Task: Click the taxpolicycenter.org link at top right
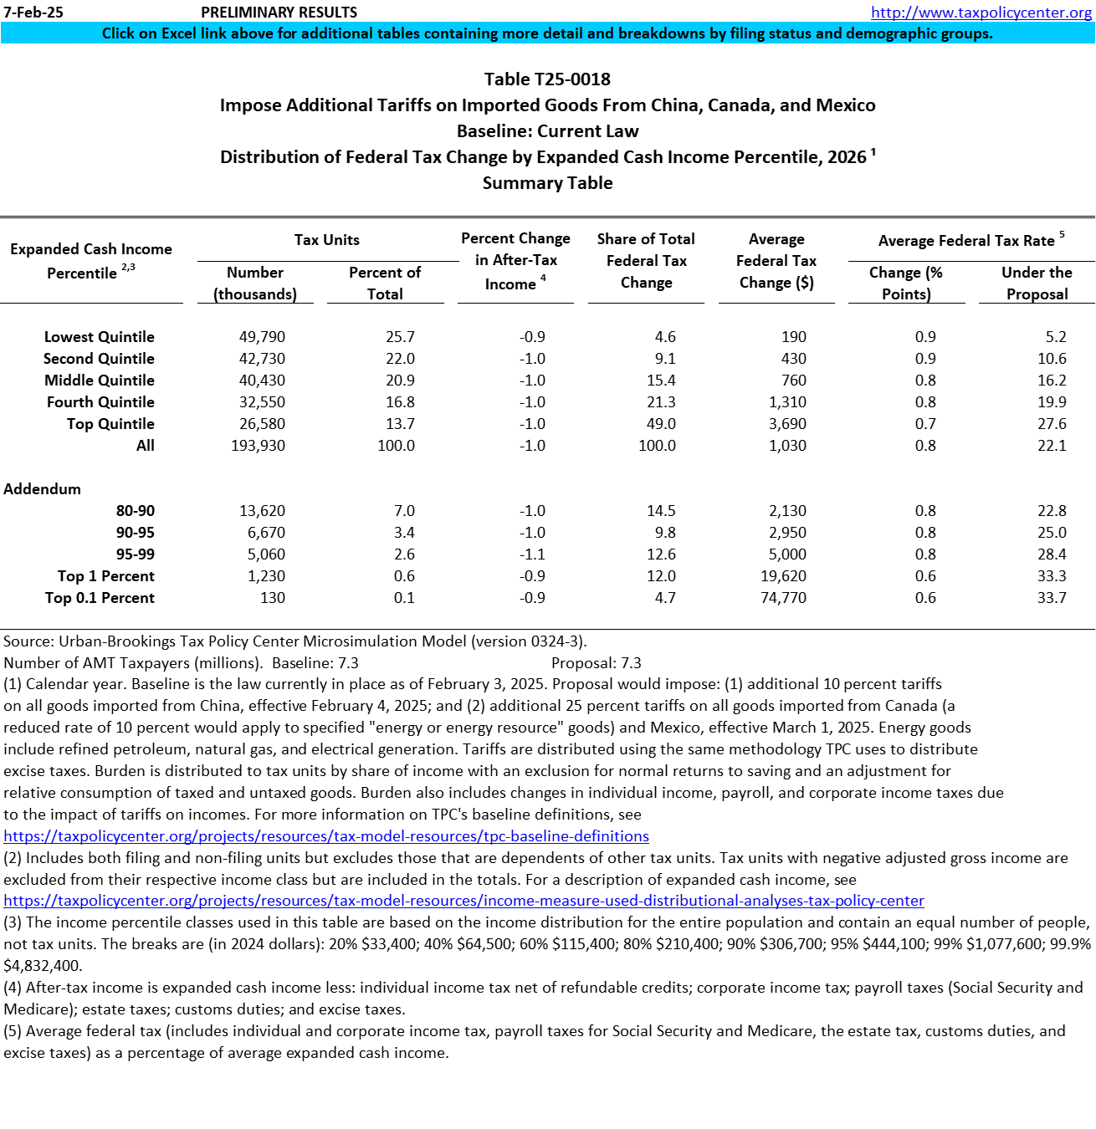pos(981,13)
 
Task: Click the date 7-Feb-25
pos(33,13)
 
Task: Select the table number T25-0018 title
pos(547,79)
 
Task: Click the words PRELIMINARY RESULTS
pos(279,13)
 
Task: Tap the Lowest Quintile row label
pos(99,337)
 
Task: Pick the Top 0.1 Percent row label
pos(100,598)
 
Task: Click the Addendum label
pos(42,489)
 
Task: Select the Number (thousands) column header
pos(255,284)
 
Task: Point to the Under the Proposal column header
pos(1037,284)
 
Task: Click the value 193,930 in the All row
pos(258,446)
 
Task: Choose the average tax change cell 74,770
pos(783,598)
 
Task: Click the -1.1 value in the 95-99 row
pos(532,554)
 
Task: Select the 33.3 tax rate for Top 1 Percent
pos(1052,576)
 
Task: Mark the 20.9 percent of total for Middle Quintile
pos(400,381)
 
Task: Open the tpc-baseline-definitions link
pos(326,836)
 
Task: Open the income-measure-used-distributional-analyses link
pos(463,902)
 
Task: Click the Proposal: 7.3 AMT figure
pos(596,663)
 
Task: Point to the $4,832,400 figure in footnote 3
pos(42,966)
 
